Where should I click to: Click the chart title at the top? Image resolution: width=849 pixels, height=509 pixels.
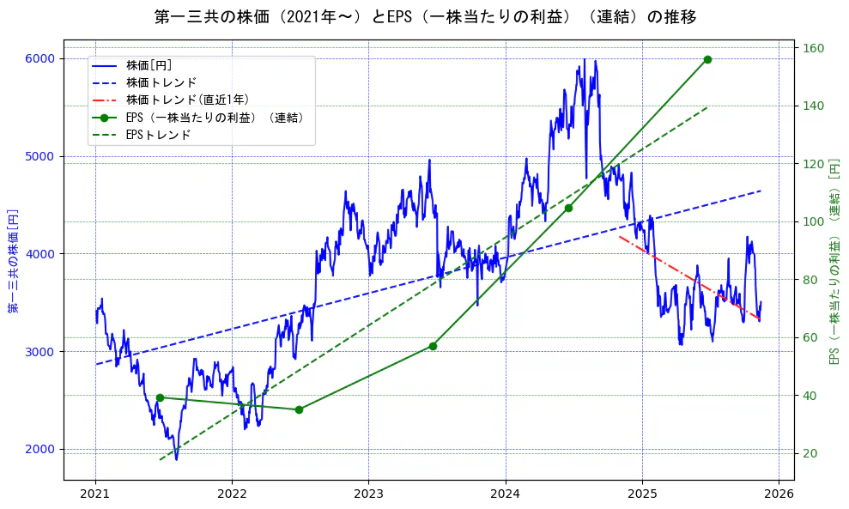pos(424,17)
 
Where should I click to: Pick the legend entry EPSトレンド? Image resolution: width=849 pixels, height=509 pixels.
pos(158,135)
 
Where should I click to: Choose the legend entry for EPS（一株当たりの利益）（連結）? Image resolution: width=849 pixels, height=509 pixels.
pos(215,118)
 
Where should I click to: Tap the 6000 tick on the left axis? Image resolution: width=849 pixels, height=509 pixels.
pos(39,58)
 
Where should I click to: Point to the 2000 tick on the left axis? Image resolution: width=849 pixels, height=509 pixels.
pos(39,449)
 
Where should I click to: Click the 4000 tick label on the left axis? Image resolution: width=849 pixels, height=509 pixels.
pos(39,254)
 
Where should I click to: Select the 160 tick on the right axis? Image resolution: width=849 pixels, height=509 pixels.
pos(811,48)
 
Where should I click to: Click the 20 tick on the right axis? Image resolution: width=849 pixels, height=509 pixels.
pos(809,453)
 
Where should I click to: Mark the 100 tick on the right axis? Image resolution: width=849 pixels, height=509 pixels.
pos(811,221)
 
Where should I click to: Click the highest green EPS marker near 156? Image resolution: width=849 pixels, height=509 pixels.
pos(707,59)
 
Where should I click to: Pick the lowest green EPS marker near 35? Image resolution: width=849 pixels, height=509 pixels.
pos(299,409)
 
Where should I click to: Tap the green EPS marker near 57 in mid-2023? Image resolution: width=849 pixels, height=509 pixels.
pos(433,346)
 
